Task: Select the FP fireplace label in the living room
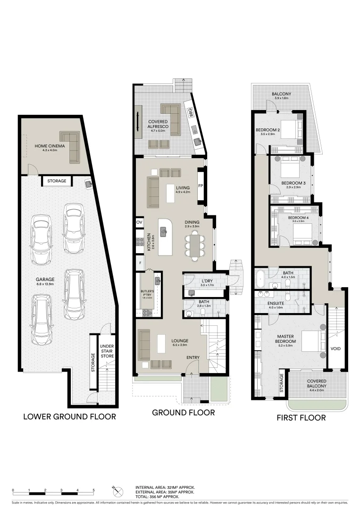[201, 186]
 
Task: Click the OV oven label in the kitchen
[139, 222]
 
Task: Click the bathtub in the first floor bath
[260, 279]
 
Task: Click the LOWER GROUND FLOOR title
[69, 416]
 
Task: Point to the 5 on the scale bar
[94, 489]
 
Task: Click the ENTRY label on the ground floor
[193, 357]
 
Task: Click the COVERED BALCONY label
[317, 383]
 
